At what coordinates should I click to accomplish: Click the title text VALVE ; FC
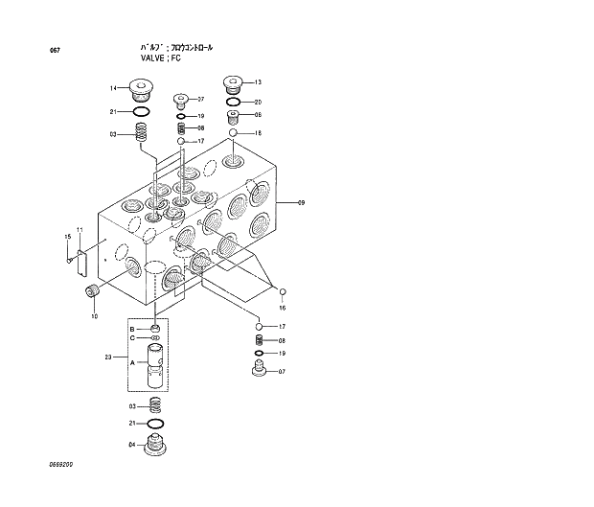pos(161,58)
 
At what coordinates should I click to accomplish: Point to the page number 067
pos(41,50)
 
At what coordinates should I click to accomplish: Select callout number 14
pos(113,89)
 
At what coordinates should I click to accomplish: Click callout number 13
pos(258,83)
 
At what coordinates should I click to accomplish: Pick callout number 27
pos(200,100)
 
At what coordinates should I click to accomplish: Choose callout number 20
pos(258,102)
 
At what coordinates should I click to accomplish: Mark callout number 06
pos(258,115)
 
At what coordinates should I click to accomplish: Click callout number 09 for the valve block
pos(301,202)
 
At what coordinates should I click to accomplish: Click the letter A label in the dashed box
pos(131,361)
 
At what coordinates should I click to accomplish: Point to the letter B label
pos(131,329)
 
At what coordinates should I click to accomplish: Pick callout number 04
pos(131,444)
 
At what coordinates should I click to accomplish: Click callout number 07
pos(282,371)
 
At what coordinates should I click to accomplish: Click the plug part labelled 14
pos(143,92)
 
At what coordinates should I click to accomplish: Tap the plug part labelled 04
pos(155,445)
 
